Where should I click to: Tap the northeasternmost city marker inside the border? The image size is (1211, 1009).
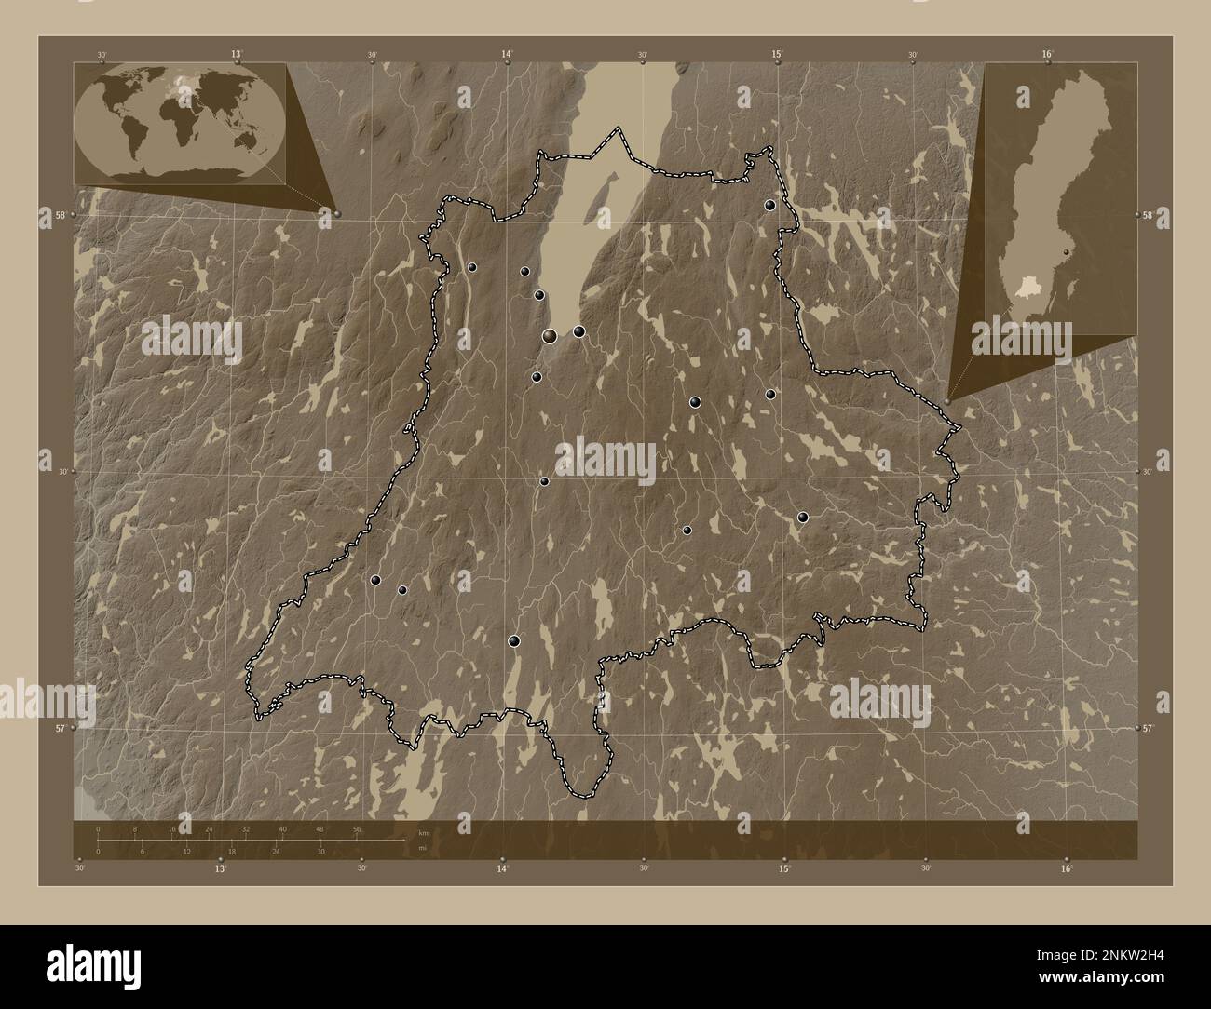pos(770,205)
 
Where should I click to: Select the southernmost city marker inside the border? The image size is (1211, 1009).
pos(513,640)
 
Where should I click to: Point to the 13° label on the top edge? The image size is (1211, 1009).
pos(237,55)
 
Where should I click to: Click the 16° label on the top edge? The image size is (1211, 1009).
pos(1047,55)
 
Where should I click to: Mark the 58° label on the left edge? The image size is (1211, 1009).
pos(60,215)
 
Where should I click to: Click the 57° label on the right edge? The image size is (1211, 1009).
pos(1148,729)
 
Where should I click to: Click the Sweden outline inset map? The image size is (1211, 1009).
pos(1059,197)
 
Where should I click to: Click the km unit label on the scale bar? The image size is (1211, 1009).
pos(422,832)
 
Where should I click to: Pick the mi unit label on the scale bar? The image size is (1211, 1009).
pos(422,847)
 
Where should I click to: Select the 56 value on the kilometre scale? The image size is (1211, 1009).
pos(356,828)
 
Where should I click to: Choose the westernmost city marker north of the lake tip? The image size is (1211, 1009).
pos(472,267)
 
